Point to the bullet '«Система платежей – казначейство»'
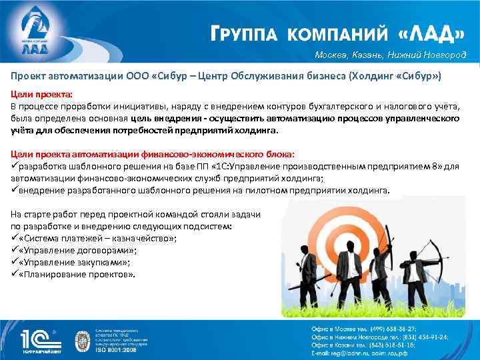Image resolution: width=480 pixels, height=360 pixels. [93, 239]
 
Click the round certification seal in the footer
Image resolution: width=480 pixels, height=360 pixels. [85, 339]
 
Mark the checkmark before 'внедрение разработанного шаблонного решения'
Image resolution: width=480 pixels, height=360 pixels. [15, 190]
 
